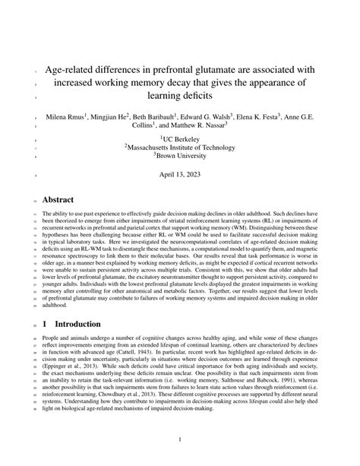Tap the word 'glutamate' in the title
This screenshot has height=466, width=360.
(x=242, y=68)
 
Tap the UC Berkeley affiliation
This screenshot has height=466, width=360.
(x=180, y=140)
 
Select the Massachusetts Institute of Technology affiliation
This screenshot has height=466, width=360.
(x=180, y=149)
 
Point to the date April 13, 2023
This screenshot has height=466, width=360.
(x=180, y=176)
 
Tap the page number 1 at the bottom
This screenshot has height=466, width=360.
(x=180, y=439)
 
